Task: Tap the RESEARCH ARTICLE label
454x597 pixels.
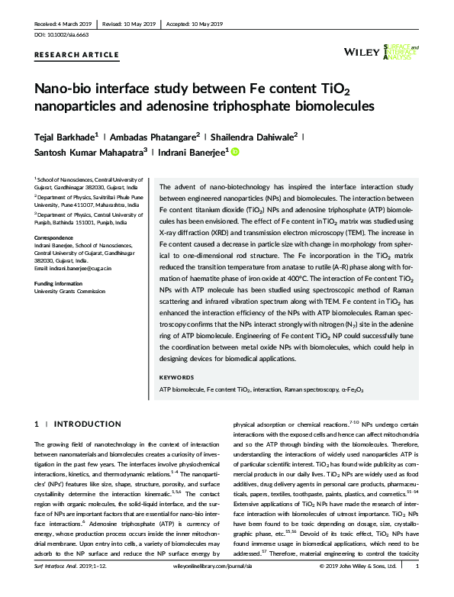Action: pos(76,56)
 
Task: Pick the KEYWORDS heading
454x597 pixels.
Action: pos(177,378)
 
